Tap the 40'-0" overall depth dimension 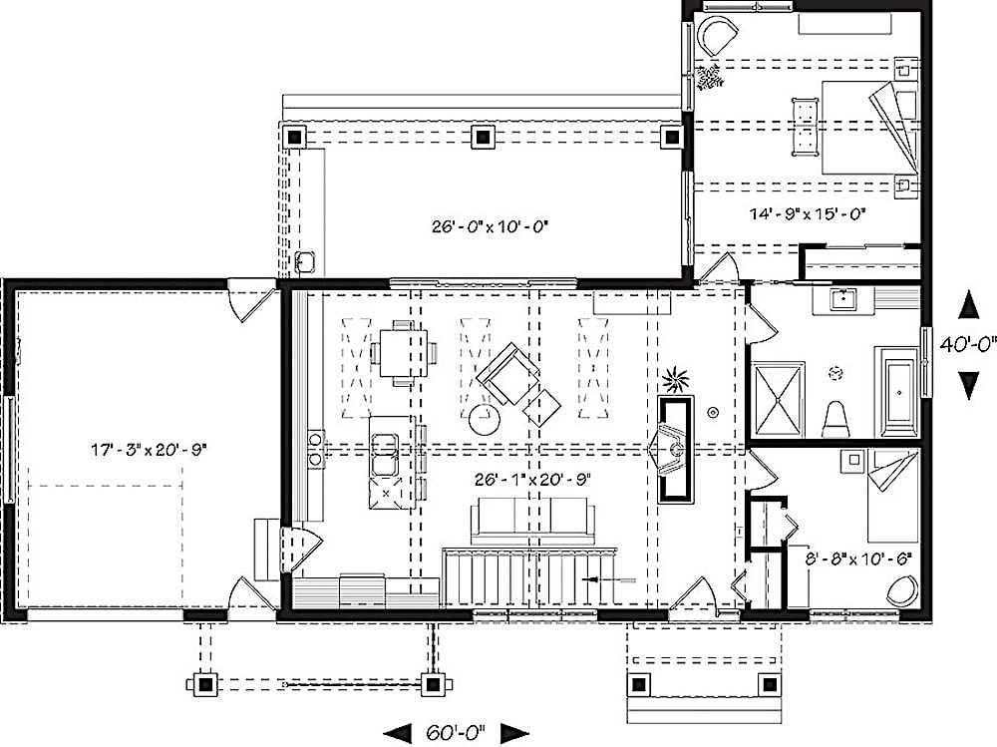(x=967, y=344)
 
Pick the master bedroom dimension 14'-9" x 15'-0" (x=808, y=212)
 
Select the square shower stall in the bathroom (x=779, y=399)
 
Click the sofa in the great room (x=532, y=519)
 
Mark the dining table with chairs (x=403, y=351)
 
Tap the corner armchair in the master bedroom (x=719, y=38)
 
